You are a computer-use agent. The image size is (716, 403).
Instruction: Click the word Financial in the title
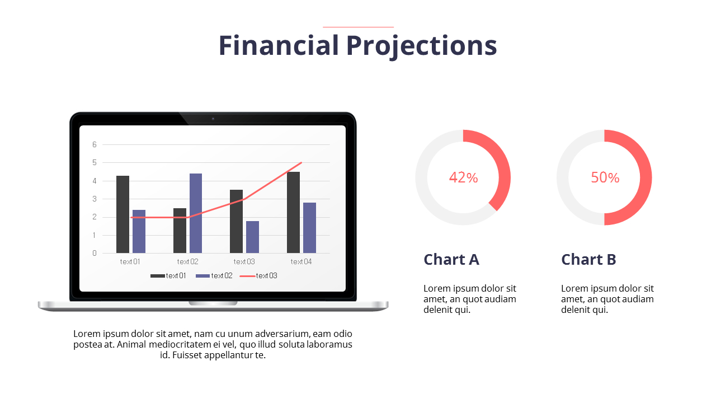coord(278,45)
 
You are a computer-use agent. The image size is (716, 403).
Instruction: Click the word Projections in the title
coord(421,46)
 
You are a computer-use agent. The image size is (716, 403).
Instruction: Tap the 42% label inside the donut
coord(463,177)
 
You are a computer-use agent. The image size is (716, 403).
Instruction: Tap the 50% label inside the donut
coord(605,177)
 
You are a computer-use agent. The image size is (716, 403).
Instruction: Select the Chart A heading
coord(451,260)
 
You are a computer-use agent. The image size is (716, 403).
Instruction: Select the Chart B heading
coord(588,260)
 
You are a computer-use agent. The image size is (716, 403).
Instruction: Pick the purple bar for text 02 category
coord(196,213)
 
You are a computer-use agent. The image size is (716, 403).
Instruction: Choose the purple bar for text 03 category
coord(252,237)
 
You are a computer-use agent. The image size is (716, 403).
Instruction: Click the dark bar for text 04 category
coord(293,212)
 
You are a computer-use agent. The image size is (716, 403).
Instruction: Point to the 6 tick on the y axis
coord(95,144)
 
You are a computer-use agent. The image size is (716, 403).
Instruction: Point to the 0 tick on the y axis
coord(95,253)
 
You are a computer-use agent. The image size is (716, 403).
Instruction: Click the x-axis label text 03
coord(244,261)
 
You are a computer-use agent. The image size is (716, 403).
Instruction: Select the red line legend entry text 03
coord(258,276)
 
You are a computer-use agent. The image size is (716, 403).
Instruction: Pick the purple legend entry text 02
coord(214,276)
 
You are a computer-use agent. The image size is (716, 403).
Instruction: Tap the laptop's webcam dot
coord(213,119)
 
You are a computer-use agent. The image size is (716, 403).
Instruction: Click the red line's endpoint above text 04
coord(302,163)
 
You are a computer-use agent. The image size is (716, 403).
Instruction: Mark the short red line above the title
coord(358,27)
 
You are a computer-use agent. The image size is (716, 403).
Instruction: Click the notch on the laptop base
coord(213,303)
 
